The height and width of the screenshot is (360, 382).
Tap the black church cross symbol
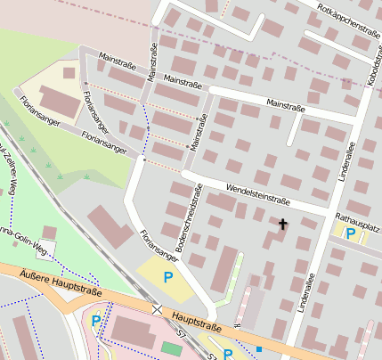(283, 224)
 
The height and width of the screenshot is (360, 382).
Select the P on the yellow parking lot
(167, 277)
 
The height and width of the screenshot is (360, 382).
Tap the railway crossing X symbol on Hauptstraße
(158, 308)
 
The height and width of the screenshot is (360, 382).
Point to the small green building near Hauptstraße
(170, 348)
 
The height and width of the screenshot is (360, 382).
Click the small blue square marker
(259, 348)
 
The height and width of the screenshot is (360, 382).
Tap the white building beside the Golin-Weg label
(49, 233)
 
